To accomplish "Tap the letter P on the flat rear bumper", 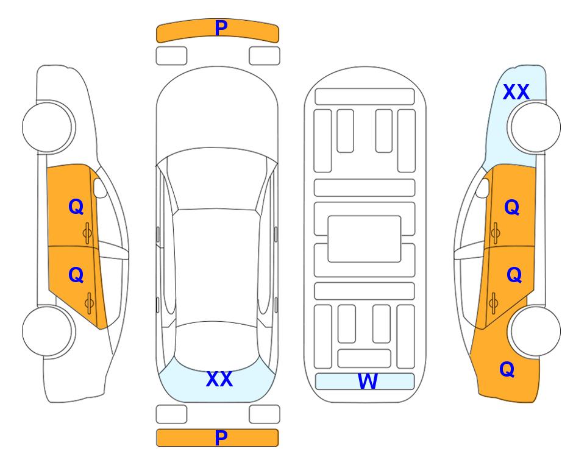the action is (221, 438).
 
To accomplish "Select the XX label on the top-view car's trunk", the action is (219, 379).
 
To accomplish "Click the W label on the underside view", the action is (367, 381).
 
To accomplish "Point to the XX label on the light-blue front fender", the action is (516, 92).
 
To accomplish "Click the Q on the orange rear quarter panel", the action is (507, 369).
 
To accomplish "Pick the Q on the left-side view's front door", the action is (76, 207).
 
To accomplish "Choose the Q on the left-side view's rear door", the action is (76, 275).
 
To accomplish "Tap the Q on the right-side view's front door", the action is (512, 207).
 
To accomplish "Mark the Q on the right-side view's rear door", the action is (514, 275).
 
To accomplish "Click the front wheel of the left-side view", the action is (48, 127).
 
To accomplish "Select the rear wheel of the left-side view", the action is (48, 331).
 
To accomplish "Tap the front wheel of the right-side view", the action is (535, 127).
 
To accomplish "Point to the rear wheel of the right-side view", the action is (535, 331).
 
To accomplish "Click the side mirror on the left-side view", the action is (100, 188).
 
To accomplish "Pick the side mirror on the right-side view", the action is (482, 188).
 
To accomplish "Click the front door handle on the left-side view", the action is (88, 233).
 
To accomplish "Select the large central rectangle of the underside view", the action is (365, 239).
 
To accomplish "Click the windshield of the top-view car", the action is (217, 180).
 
